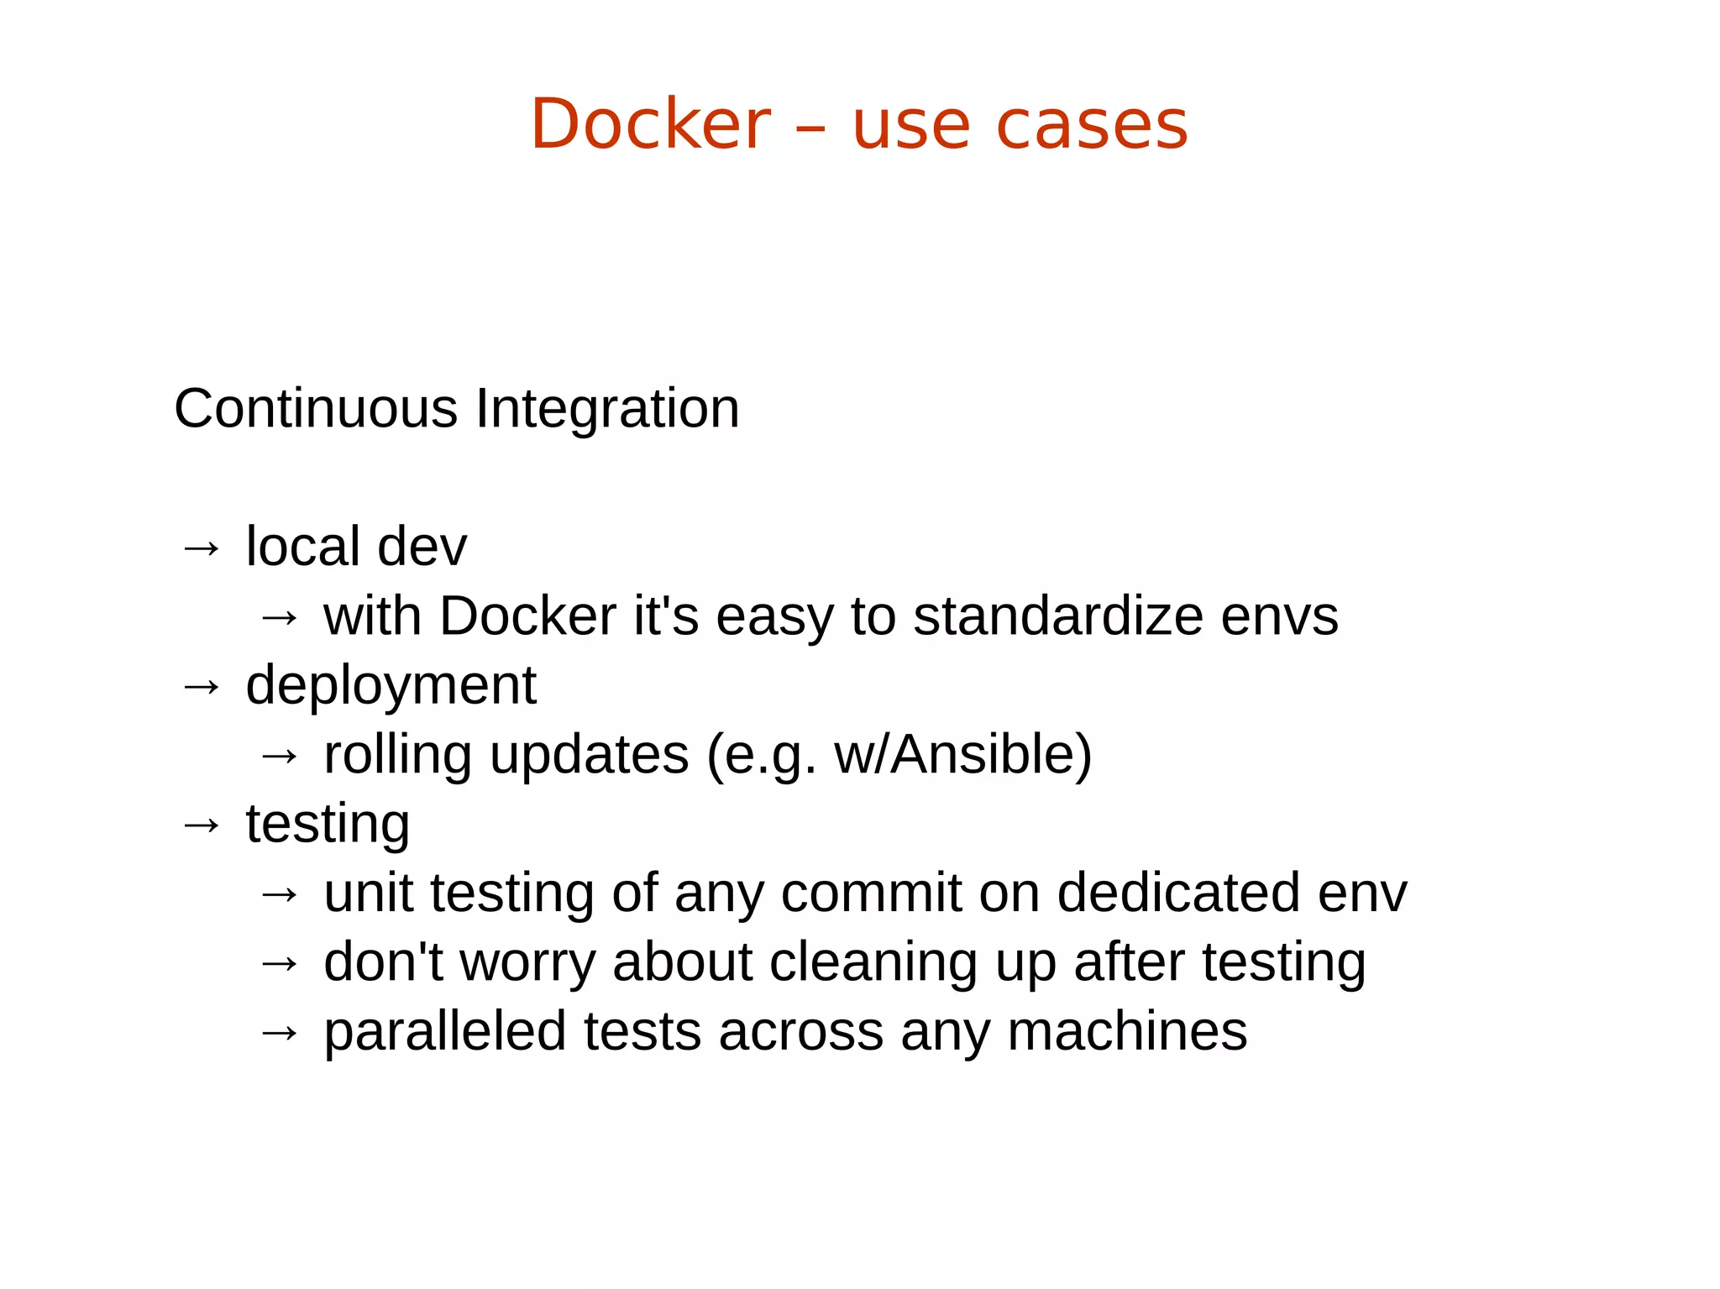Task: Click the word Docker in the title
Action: [x=650, y=124]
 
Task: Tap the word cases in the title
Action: [x=1091, y=126]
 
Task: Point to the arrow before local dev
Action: [x=202, y=549]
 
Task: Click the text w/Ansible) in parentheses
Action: [x=962, y=755]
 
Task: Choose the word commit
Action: [x=871, y=893]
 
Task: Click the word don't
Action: [x=383, y=962]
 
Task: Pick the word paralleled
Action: [x=445, y=1032]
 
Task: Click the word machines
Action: [x=1127, y=1032]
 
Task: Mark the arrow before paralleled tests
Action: [x=280, y=1033]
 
